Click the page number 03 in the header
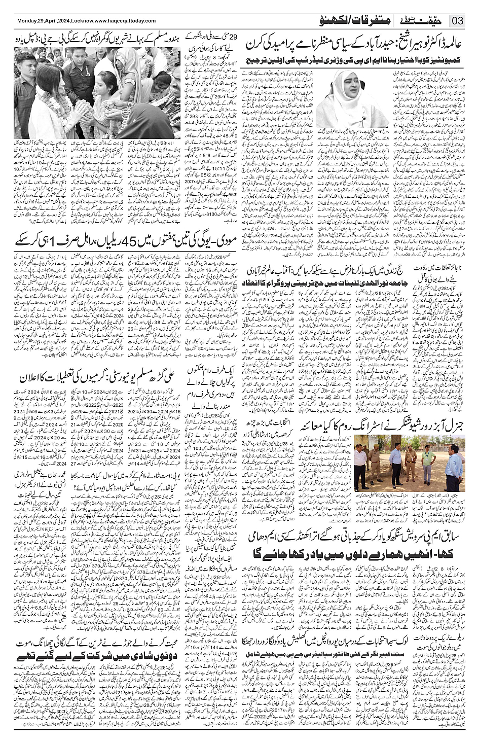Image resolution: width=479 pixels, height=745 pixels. (458, 22)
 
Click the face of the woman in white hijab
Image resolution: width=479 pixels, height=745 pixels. (338, 89)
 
